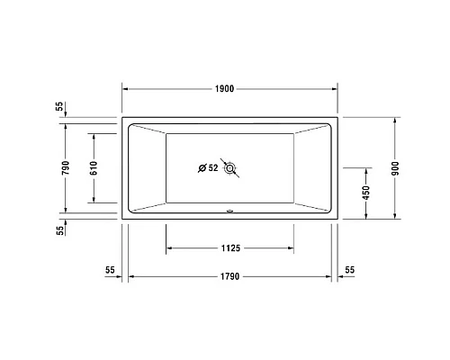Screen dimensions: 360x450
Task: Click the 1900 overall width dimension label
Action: click(225, 88)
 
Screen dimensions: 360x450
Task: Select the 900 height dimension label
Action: click(395, 167)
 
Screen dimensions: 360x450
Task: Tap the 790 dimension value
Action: click(63, 168)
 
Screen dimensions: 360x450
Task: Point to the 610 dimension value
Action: click(94, 167)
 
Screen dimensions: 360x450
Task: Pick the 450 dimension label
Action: click(364, 192)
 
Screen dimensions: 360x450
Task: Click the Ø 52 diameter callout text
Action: click(208, 167)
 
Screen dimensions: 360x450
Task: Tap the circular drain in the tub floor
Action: click(230, 167)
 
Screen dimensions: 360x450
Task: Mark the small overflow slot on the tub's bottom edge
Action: click(230, 213)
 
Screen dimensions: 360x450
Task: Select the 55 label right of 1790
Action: click(349, 269)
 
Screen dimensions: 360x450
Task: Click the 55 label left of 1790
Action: click(110, 269)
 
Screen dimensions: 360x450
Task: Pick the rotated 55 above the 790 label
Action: click(59, 107)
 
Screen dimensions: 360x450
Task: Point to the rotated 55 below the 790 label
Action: click(59, 229)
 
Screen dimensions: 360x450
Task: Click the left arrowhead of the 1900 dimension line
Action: click(125, 88)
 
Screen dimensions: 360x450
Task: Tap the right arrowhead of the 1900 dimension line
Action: click(334, 88)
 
